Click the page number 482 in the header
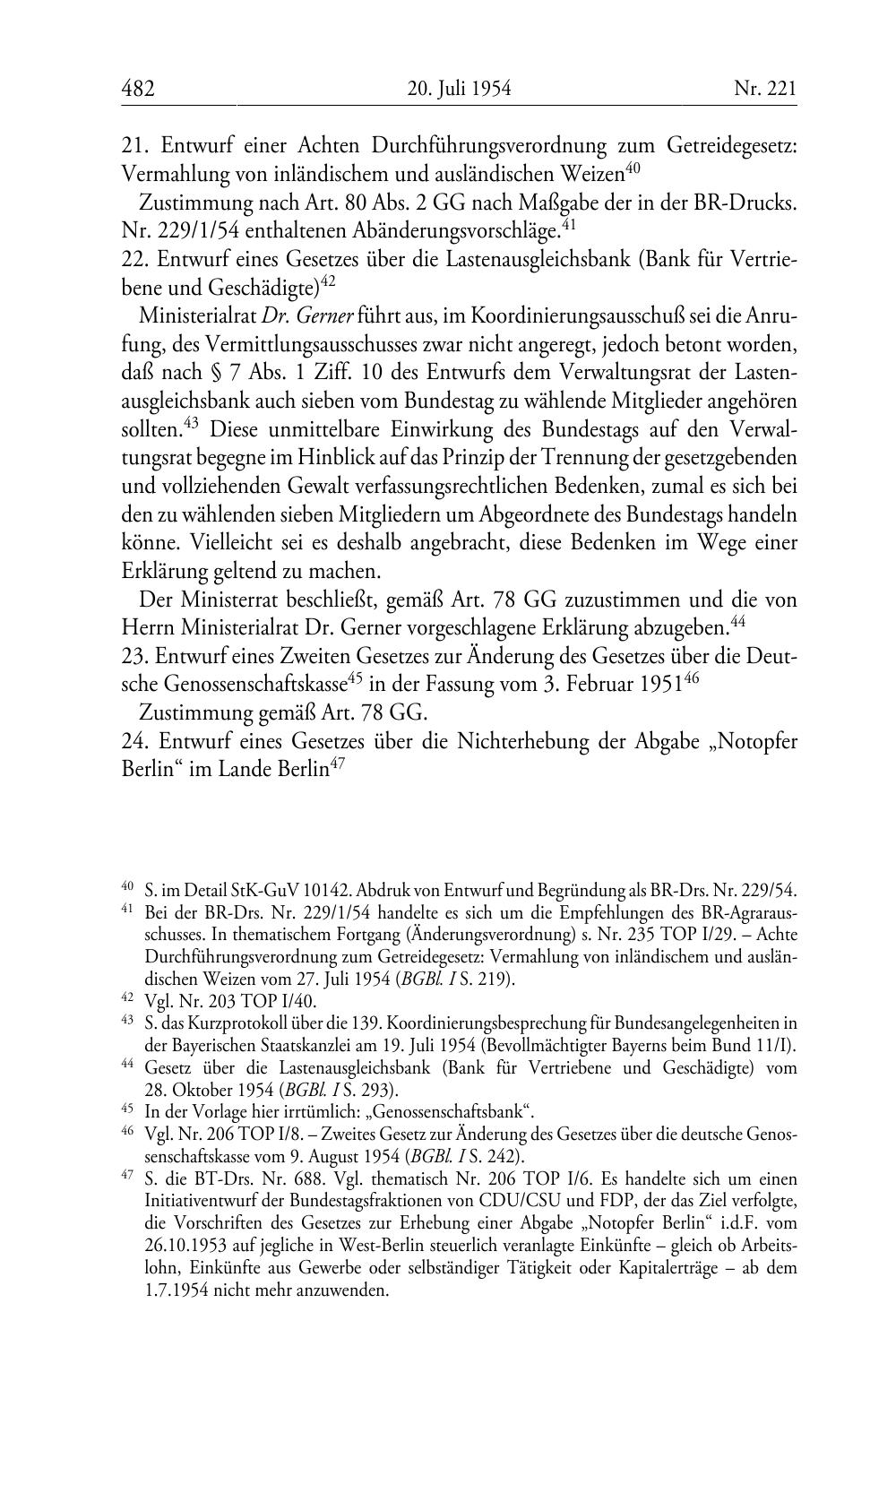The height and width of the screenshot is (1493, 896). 138,89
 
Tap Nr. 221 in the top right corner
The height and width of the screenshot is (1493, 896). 764,89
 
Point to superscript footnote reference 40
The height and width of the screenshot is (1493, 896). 633,167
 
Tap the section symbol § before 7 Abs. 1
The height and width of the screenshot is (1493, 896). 222,374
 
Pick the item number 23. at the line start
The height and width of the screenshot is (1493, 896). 134,656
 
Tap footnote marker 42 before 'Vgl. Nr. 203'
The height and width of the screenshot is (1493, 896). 126,997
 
